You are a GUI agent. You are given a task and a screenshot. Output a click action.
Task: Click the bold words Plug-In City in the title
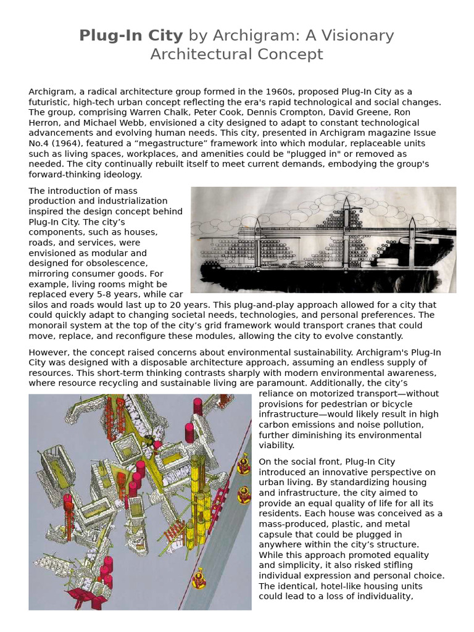tap(131, 36)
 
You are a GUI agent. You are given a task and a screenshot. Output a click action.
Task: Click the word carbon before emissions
tap(276, 425)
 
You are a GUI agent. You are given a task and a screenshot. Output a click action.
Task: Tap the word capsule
tap(277, 534)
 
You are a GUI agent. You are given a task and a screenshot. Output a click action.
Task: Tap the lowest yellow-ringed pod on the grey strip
tap(199, 580)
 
